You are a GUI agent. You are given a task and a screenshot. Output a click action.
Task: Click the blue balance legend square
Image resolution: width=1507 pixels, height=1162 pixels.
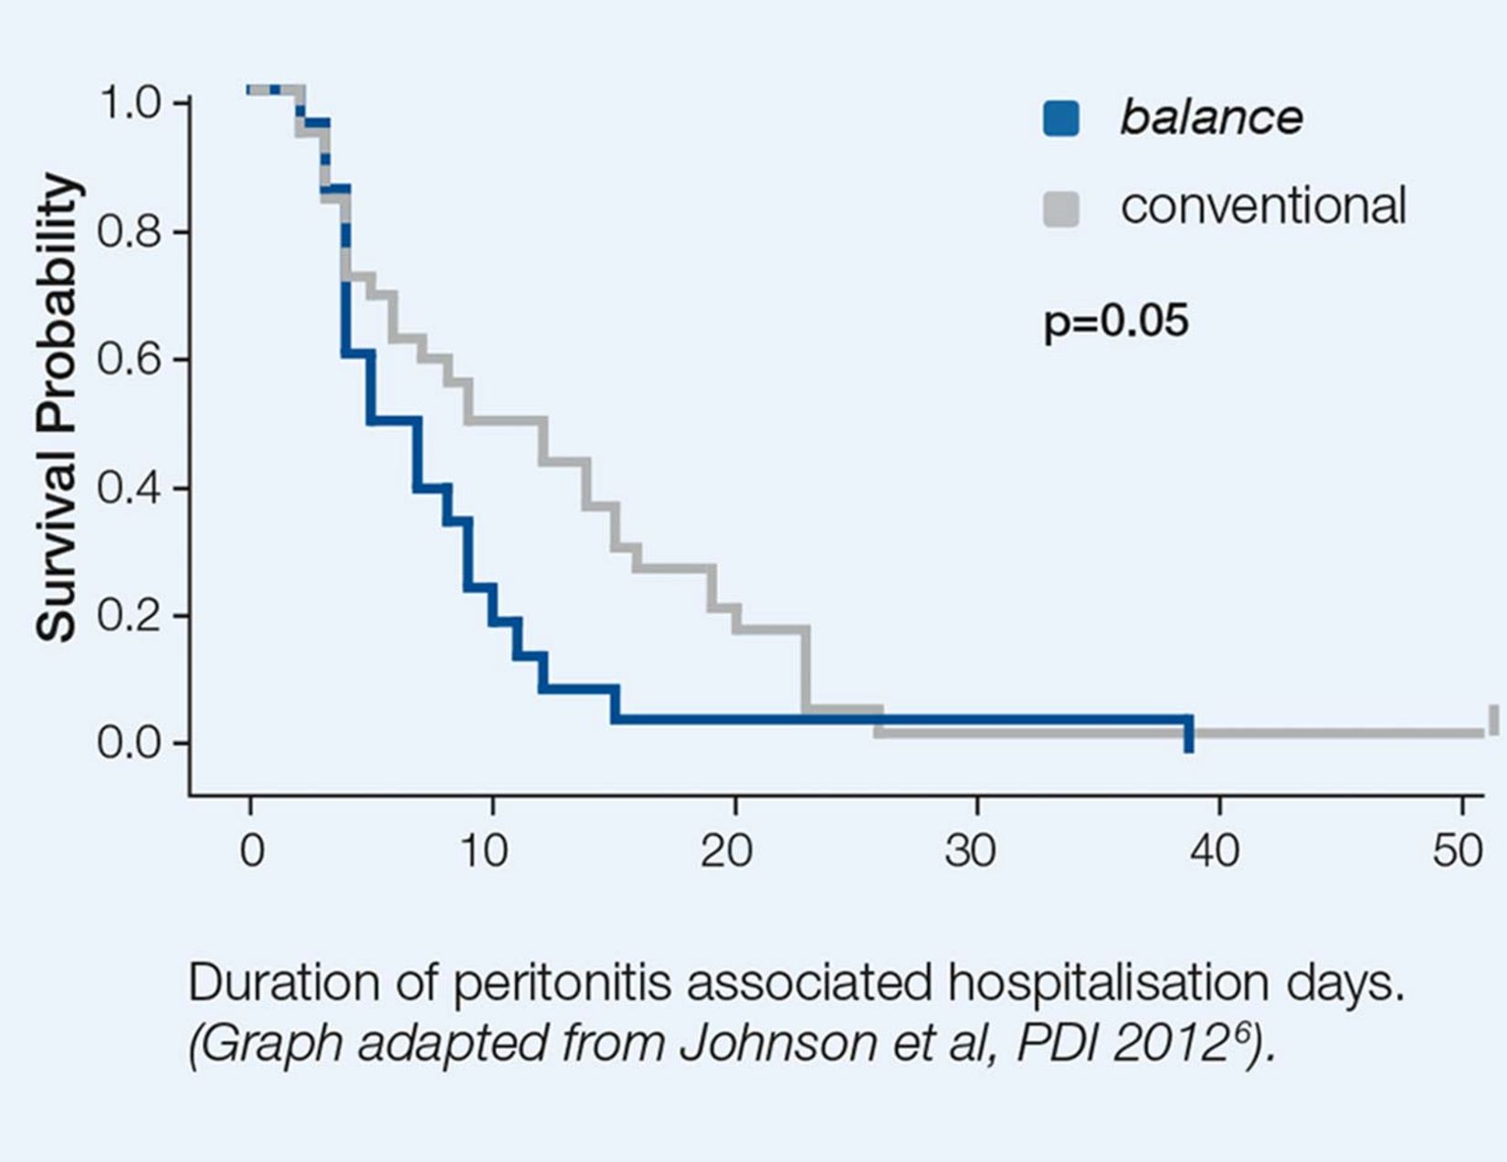coord(1060,119)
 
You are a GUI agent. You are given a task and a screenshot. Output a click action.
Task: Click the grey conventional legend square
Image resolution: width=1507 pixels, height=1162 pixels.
coord(1060,208)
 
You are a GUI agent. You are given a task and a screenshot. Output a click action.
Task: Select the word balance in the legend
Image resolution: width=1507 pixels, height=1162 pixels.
coord(1211,118)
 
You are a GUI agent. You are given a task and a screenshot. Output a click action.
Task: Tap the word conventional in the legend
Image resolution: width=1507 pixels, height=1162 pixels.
coord(1262,206)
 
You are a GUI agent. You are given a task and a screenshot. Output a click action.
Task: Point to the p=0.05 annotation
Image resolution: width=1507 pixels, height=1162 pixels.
coord(1115,322)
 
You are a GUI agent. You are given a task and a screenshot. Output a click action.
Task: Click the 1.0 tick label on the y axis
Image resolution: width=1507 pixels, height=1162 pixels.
coord(130,104)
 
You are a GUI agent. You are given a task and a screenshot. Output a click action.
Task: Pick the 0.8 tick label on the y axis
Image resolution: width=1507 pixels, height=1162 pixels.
coord(130,232)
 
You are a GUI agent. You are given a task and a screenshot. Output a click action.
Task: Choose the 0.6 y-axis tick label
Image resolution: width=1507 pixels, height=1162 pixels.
coord(130,360)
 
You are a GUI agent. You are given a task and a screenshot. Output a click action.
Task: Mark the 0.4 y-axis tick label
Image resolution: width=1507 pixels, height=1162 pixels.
coord(130,488)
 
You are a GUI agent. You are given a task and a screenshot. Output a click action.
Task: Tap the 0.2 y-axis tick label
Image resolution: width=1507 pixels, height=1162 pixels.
coord(130,616)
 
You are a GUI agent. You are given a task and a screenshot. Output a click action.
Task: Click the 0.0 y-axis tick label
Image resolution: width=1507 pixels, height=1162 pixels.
coord(130,744)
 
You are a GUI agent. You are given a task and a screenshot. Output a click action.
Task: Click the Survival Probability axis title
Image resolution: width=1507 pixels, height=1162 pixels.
coord(57,407)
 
